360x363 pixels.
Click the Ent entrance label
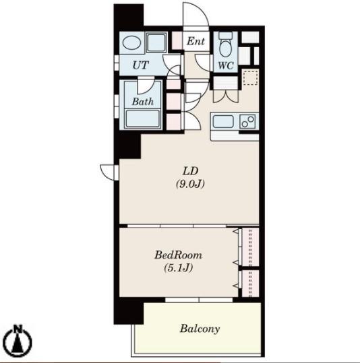click(x=196, y=41)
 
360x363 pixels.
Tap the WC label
click(x=226, y=65)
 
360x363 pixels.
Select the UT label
click(x=140, y=65)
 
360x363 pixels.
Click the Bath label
click(x=143, y=102)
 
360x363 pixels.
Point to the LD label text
click(x=191, y=171)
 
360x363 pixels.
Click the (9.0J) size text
click(x=190, y=185)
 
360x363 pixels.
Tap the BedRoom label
click(x=178, y=255)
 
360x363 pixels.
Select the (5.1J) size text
click(x=179, y=268)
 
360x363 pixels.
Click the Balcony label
click(x=200, y=329)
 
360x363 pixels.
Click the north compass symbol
click(x=18, y=341)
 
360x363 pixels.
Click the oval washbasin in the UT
click(x=131, y=42)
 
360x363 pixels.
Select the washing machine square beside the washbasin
click(x=156, y=42)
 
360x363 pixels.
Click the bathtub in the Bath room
click(x=143, y=119)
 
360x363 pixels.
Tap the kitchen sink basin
click(x=223, y=121)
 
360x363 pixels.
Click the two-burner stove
click(x=247, y=121)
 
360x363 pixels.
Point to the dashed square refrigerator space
click(x=250, y=78)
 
